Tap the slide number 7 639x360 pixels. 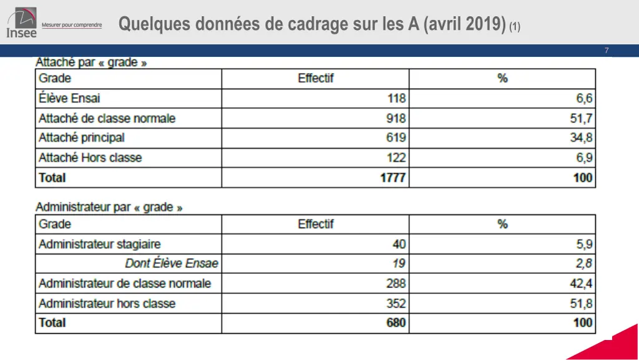click(606, 51)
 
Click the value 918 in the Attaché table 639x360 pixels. click(396, 118)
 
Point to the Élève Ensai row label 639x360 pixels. click(69, 98)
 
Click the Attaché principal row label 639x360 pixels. click(82, 138)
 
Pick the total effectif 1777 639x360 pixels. click(393, 178)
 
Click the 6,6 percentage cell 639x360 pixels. click(584, 98)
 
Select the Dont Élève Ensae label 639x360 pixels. click(172, 263)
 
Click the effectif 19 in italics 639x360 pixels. click(399, 263)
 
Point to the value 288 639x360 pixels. click(396, 283)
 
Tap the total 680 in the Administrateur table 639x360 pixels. click(396, 323)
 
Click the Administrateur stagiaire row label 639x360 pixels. click(100, 244)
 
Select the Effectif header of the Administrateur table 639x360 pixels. click(316, 224)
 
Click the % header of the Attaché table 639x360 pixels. click(502, 79)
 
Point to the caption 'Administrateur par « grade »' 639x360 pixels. click(109, 207)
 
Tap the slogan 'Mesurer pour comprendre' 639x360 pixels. click(71, 25)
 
